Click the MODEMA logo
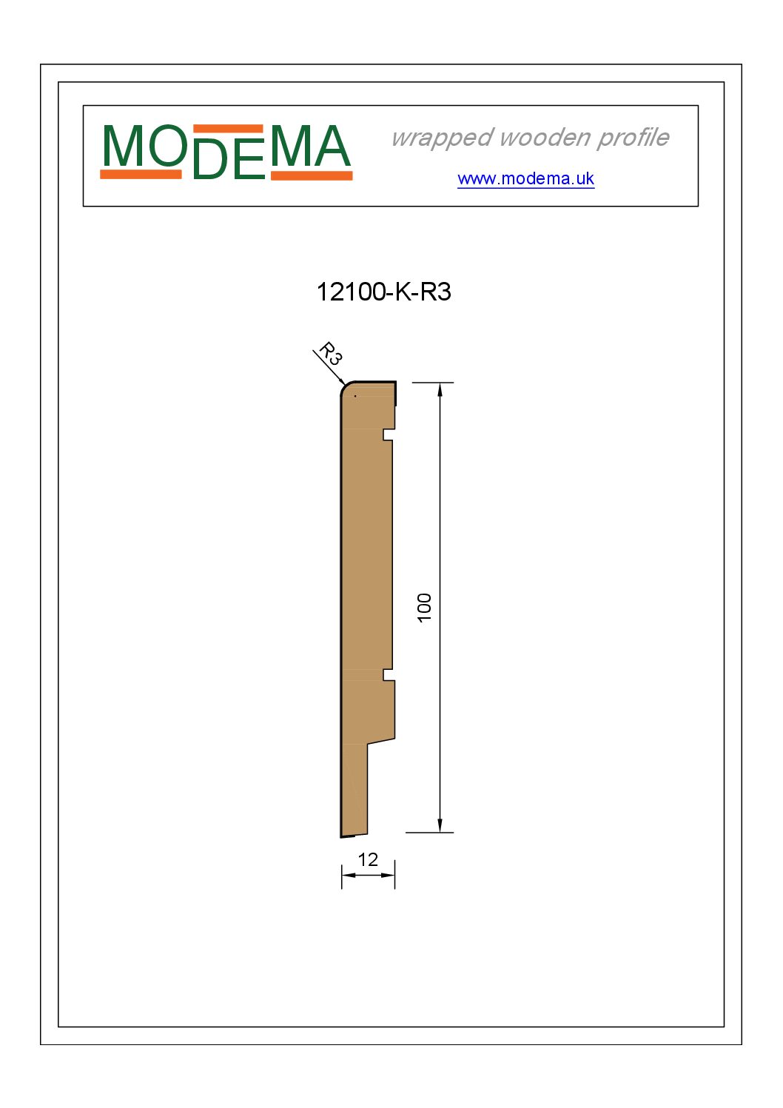226,152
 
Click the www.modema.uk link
525,178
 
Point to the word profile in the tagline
633,138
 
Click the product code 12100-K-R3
383,292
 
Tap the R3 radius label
330,353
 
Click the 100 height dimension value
424,608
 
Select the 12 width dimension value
368,860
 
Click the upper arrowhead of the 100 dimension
440,389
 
